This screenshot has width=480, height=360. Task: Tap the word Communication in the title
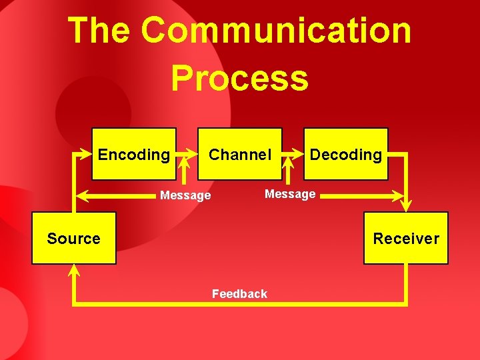tap(275, 31)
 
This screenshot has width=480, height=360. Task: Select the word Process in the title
tap(239, 78)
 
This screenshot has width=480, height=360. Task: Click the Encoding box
tap(134, 155)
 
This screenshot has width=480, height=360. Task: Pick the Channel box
tap(240, 155)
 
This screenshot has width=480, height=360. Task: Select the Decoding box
tap(346, 155)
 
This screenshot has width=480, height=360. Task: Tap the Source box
tap(74, 238)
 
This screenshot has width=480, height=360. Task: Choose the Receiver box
tap(406, 238)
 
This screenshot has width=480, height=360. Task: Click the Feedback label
tap(239, 294)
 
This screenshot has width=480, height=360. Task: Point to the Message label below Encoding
tap(185, 195)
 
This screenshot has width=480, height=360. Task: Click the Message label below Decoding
tap(290, 194)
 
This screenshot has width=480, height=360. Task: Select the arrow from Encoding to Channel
tap(187, 154)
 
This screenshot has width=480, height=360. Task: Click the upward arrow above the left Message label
tap(185, 172)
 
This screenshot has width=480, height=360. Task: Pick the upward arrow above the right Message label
tap(289, 172)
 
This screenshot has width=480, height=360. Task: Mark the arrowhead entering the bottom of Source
tap(74, 270)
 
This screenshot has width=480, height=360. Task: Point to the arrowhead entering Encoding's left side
tap(86, 154)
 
